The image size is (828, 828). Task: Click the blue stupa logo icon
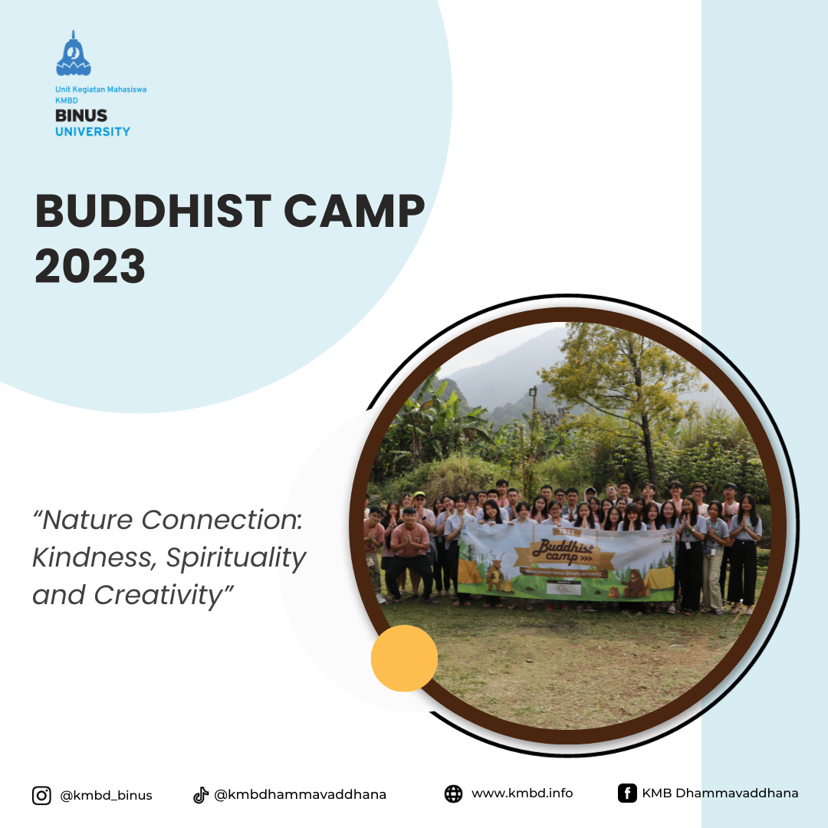(x=74, y=55)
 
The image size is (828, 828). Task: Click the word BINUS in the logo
(x=81, y=117)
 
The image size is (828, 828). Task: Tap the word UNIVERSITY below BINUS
(x=92, y=131)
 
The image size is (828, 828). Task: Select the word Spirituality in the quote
(x=236, y=557)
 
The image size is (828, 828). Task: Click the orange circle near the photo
(x=404, y=658)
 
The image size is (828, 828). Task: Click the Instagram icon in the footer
(x=41, y=795)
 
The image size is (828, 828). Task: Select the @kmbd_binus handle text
(x=106, y=795)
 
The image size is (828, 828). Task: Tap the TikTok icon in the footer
(x=201, y=795)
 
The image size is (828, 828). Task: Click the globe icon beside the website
(x=453, y=793)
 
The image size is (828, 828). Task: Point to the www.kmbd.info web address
(x=521, y=793)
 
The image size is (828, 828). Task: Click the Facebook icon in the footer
(x=627, y=793)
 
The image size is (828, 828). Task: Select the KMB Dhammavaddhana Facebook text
(x=720, y=793)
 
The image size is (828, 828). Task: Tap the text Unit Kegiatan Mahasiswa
(x=100, y=90)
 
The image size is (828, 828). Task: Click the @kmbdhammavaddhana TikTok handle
(x=300, y=795)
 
